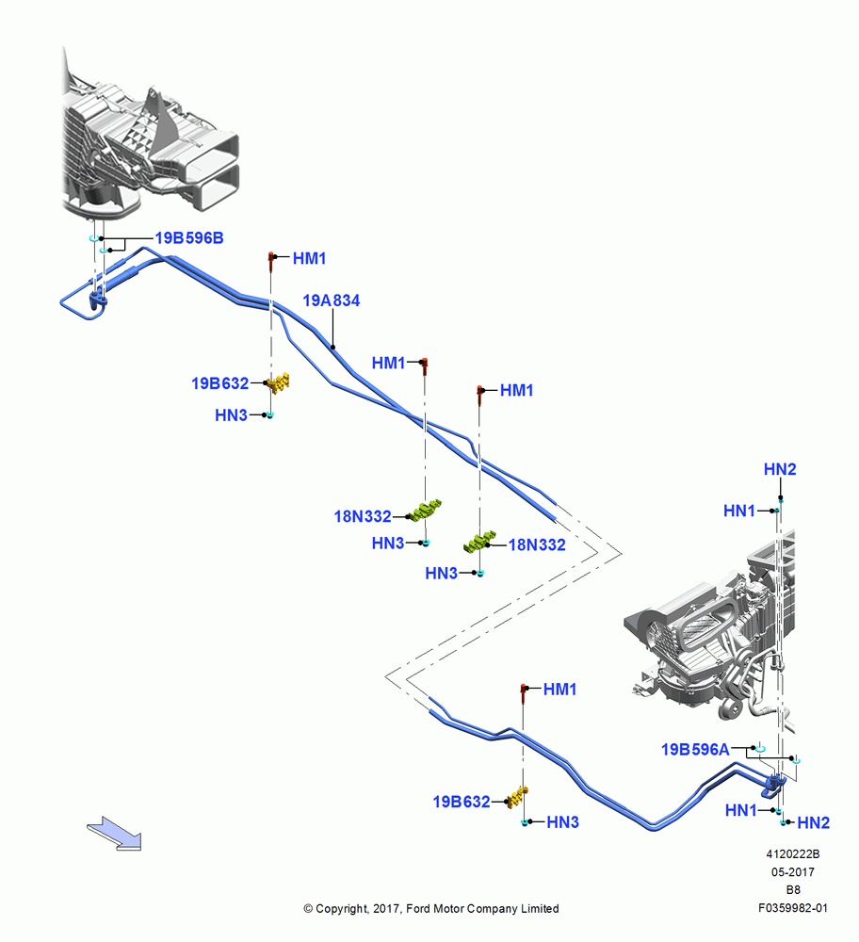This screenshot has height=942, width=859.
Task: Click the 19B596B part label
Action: click(x=189, y=238)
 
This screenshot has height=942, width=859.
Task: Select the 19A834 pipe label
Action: click(x=331, y=300)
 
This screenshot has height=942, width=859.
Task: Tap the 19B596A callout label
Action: click(x=695, y=750)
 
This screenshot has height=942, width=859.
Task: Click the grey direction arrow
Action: click(x=115, y=834)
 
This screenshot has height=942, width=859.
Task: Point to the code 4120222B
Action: click(x=792, y=854)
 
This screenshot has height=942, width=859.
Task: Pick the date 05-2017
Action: click(x=793, y=872)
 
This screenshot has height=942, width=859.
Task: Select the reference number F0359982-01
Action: click(x=793, y=908)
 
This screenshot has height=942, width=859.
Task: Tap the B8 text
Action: click(x=793, y=890)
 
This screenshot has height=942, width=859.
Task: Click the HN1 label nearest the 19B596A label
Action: click(x=740, y=810)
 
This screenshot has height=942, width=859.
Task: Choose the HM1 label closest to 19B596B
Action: click(x=309, y=258)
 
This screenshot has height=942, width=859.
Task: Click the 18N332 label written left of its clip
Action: click(x=363, y=516)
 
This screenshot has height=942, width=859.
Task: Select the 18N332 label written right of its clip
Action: click(x=537, y=544)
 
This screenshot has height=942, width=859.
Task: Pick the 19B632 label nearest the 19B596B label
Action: click(x=219, y=383)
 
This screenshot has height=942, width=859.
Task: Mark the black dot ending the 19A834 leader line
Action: click(x=332, y=348)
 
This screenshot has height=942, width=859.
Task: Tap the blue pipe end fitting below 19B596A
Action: click(x=773, y=786)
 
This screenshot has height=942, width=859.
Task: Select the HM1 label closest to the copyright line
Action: click(x=559, y=690)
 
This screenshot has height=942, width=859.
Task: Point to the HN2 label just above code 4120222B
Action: click(x=814, y=822)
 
